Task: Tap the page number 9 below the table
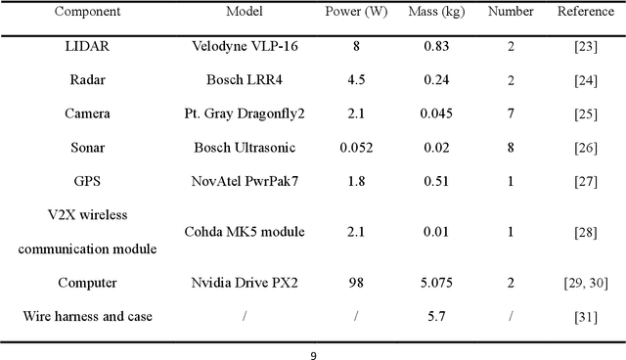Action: coord(313,354)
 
